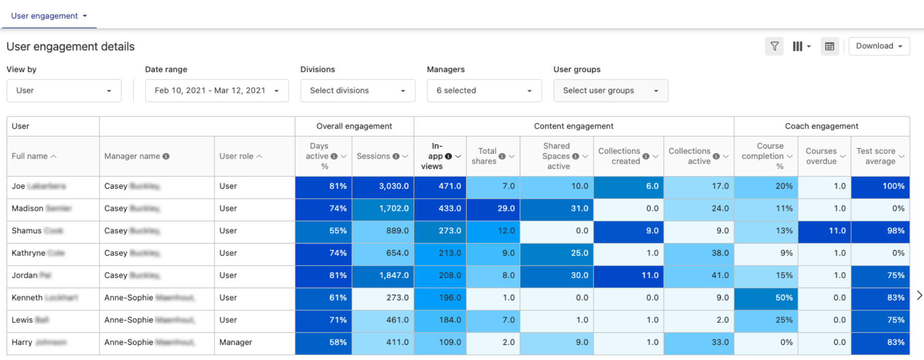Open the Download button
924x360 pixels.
click(879, 46)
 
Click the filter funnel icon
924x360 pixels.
click(774, 46)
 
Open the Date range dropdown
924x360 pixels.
click(216, 90)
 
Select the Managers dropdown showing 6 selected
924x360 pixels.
click(484, 90)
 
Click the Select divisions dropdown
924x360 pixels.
click(357, 90)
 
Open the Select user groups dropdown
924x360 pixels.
click(610, 90)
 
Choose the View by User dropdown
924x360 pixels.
click(64, 90)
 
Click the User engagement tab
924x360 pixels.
click(49, 16)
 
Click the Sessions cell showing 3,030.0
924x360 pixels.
click(383, 186)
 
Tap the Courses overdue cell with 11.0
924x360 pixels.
click(825, 231)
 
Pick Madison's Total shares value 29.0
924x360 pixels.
click(493, 208)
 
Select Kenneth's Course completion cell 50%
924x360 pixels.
click(766, 298)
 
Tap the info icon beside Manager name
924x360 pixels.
click(166, 156)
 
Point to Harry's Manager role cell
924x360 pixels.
click(236, 342)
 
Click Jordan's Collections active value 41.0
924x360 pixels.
click(699, 276)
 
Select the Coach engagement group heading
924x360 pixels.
click(822, 126)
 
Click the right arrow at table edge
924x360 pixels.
click(919, 295)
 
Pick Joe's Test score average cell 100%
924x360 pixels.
click(880, 186)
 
